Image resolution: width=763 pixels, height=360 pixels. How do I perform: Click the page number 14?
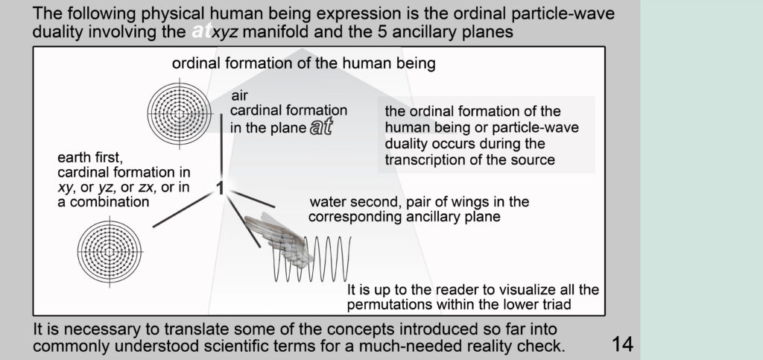pos(622,344)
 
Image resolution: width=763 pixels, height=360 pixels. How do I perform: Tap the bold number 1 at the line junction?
pos(220,189)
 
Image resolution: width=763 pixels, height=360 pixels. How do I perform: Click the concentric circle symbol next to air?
pos(180,115)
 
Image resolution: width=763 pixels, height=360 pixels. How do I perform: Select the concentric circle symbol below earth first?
pos(110,252)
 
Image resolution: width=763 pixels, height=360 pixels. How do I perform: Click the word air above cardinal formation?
pos(239,96)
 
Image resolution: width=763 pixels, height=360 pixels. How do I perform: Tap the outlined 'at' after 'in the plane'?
pos(321,127)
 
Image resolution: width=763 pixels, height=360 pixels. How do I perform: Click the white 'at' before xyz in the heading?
pos(201,31)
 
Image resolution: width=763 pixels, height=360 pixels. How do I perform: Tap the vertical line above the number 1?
pos(221,145)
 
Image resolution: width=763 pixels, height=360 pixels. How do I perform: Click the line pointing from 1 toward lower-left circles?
pos(183,209)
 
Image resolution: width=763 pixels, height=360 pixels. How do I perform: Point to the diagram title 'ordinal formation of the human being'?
pos(304,64)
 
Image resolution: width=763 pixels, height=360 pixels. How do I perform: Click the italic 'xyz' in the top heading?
pos(227,33)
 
